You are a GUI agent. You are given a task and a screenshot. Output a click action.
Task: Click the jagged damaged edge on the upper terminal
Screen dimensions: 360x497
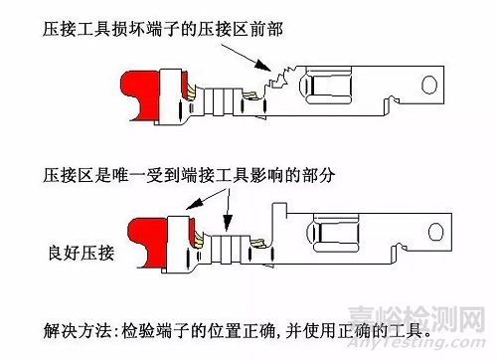coord(271,76)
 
